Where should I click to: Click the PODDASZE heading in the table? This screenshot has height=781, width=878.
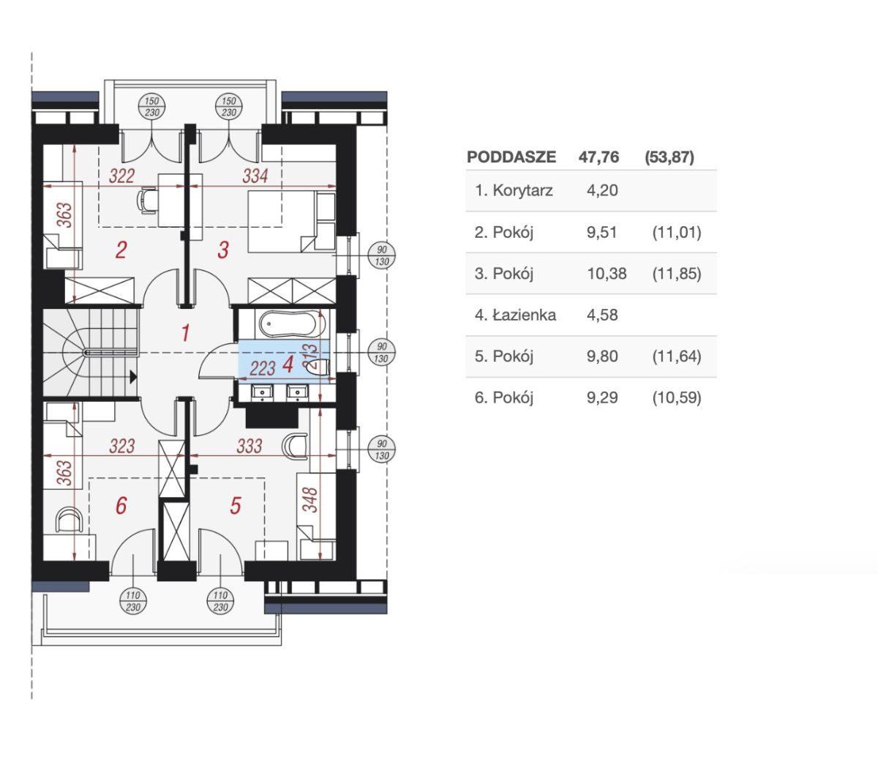coord(511,157)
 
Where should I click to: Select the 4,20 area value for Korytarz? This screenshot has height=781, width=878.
coord(602,190)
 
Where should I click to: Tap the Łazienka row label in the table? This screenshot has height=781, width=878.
coord(515,315)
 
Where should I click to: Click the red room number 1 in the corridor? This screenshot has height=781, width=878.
coord(186,333)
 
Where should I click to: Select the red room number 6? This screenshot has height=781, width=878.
coord(121,505)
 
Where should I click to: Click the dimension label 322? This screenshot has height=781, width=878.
coord(121,176)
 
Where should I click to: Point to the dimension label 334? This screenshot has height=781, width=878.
coord(255,176)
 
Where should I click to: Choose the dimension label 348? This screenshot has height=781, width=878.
coord(310,499)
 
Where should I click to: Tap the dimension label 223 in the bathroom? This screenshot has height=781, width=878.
coord(263,369)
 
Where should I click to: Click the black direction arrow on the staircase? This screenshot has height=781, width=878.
coord(133,376)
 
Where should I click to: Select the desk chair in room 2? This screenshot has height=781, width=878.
coord(147,201)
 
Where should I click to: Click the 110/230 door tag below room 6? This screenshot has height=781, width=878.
coord(133,601)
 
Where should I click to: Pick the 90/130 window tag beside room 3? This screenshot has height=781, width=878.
coord(381,255)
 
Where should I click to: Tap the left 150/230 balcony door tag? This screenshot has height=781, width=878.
coord(151,107)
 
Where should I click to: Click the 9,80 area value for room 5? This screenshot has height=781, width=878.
coord(602,356)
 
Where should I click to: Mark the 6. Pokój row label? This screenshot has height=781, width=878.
coord(503,397)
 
